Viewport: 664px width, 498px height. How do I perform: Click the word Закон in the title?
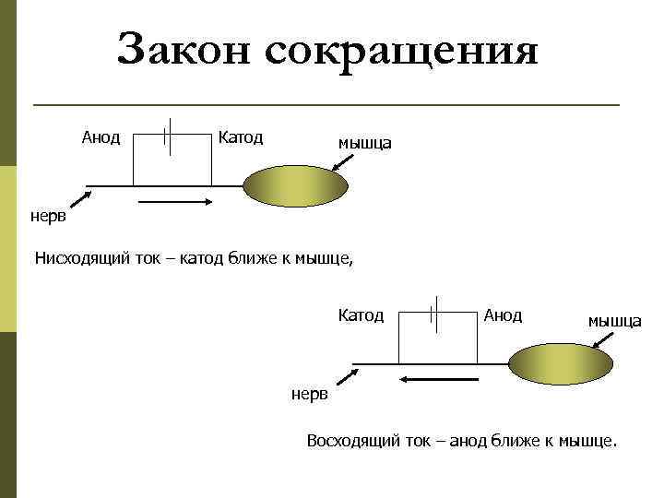click(184, 50)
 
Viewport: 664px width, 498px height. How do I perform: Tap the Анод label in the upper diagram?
click(101, 137)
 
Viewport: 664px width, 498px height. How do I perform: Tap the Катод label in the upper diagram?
click(241, 137)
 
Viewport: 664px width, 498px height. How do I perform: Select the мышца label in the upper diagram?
click(364, 143)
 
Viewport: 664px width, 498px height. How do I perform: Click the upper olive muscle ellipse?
click(296, 185)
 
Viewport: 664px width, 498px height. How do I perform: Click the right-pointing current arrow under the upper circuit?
click(176, 201)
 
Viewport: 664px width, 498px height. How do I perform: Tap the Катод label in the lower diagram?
click(361, 315)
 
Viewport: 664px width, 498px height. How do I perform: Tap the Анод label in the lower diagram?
click(503, 315)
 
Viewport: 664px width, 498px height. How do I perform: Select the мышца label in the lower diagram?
click(615, 321)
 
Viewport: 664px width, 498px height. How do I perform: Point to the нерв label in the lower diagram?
click(309, 395)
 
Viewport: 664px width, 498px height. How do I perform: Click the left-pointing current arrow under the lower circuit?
click(434, 378)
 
